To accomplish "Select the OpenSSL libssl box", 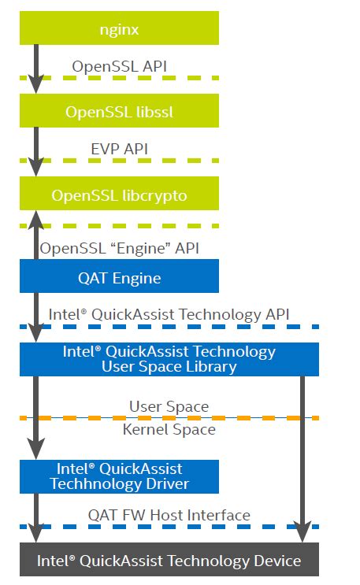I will tap(119, 111).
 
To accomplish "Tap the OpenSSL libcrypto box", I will tap(119, 194).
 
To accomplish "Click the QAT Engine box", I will tap(119, 277).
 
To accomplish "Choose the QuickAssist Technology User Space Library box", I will tap(169, 359).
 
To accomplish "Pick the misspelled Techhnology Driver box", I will tap(119, 476).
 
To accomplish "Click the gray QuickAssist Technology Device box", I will tap(169, 561).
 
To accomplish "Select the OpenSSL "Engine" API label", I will tap(120, 247).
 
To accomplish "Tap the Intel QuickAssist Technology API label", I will tap(169, 314).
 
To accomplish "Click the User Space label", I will tap(169, 406).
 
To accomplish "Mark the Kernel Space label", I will tap(169, 429).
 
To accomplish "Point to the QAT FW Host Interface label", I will tap(169, 515).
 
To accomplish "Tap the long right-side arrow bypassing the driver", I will tap(302, 457).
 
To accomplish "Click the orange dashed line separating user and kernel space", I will tap(236, 417).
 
